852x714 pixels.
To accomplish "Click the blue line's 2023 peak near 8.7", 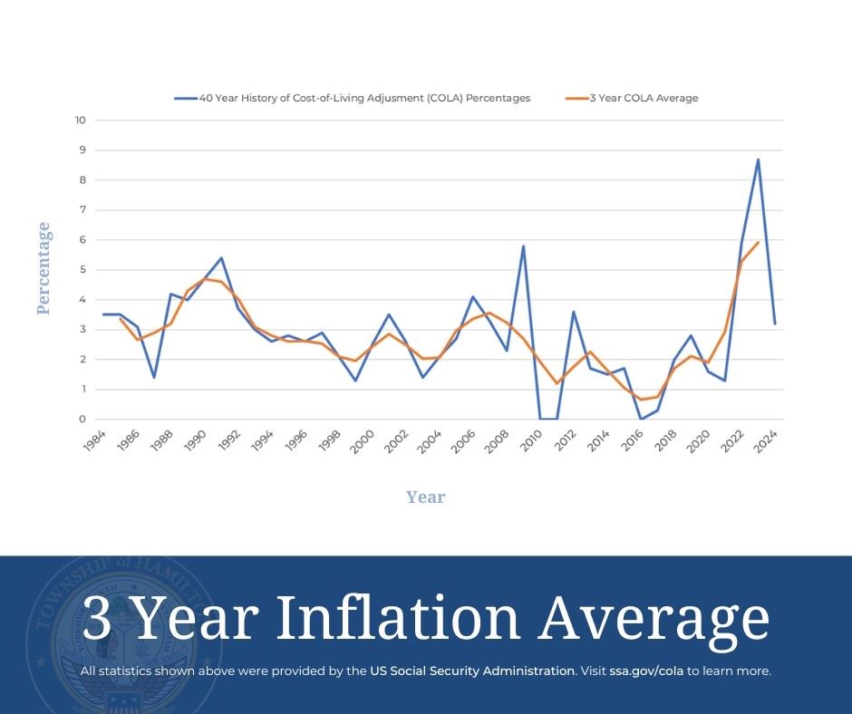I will point(758,159).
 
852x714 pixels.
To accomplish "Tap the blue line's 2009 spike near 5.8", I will point(523,246).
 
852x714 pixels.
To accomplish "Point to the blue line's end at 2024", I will point(775,323).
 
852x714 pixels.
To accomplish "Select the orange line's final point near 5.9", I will point(758,242).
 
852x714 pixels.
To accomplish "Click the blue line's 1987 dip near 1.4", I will point(153,377).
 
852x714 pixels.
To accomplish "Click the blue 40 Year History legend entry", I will point(353,98).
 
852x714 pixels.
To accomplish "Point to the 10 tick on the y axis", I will point(81,120).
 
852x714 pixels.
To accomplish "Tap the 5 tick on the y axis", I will point(82,270).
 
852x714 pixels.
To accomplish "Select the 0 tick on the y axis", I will point(82,420).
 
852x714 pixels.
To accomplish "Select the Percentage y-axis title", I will point(44,269).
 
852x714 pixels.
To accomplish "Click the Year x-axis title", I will point(425,497).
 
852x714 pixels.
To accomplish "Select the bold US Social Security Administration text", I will point(472,671).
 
